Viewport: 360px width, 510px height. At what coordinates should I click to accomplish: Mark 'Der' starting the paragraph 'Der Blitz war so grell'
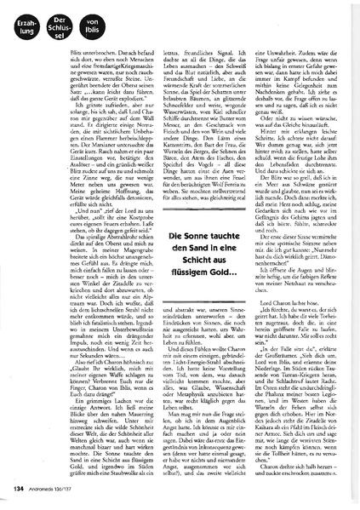tap(254, 165)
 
